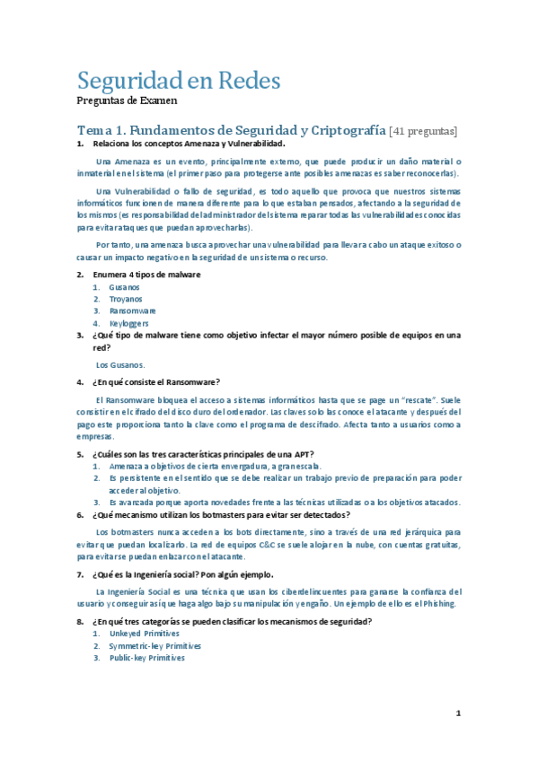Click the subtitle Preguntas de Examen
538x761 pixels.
click(127, 101)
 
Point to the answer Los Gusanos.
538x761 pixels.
click(120, 364)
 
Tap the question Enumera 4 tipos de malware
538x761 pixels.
click(146, 274)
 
